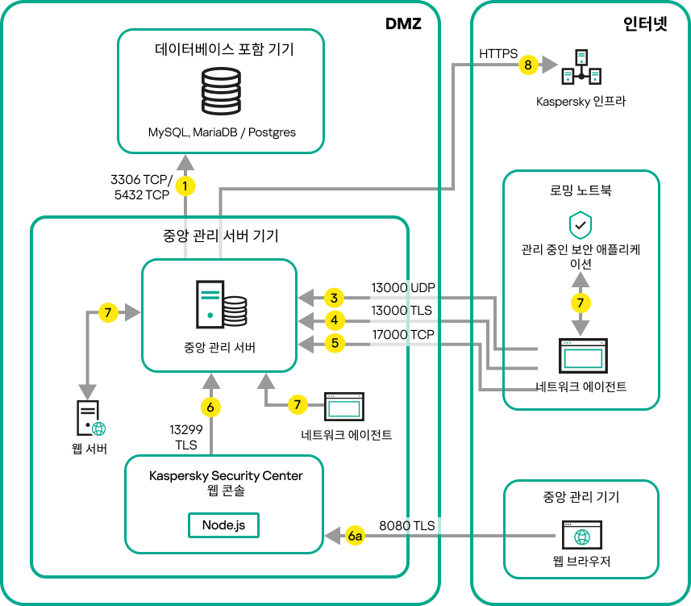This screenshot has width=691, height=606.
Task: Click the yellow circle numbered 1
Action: point(186,186)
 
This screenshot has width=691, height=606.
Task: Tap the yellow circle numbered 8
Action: point(528,65)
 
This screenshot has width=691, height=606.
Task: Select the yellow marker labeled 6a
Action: point(355,535)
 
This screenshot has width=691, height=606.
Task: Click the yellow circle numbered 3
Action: point(334,297)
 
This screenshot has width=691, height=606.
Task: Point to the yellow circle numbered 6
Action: point(210,407)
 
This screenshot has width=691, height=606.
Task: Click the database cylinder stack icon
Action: point(221,91)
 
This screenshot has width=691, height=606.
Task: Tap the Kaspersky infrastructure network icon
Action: point(581,68)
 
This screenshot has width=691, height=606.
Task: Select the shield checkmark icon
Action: point(581,224)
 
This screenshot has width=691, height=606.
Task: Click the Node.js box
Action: point(224,525)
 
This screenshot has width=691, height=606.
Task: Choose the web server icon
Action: point(90,418)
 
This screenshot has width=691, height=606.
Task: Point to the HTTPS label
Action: point(500,53)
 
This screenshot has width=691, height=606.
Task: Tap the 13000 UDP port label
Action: point(402,287)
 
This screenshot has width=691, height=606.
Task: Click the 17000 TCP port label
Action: point(402,334)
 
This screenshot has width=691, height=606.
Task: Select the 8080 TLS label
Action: point(406,525)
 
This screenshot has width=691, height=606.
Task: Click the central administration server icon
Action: point(220,302)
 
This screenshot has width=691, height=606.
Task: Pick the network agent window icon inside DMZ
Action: point(344,407)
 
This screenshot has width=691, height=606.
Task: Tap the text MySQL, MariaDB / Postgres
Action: point(221,132)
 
